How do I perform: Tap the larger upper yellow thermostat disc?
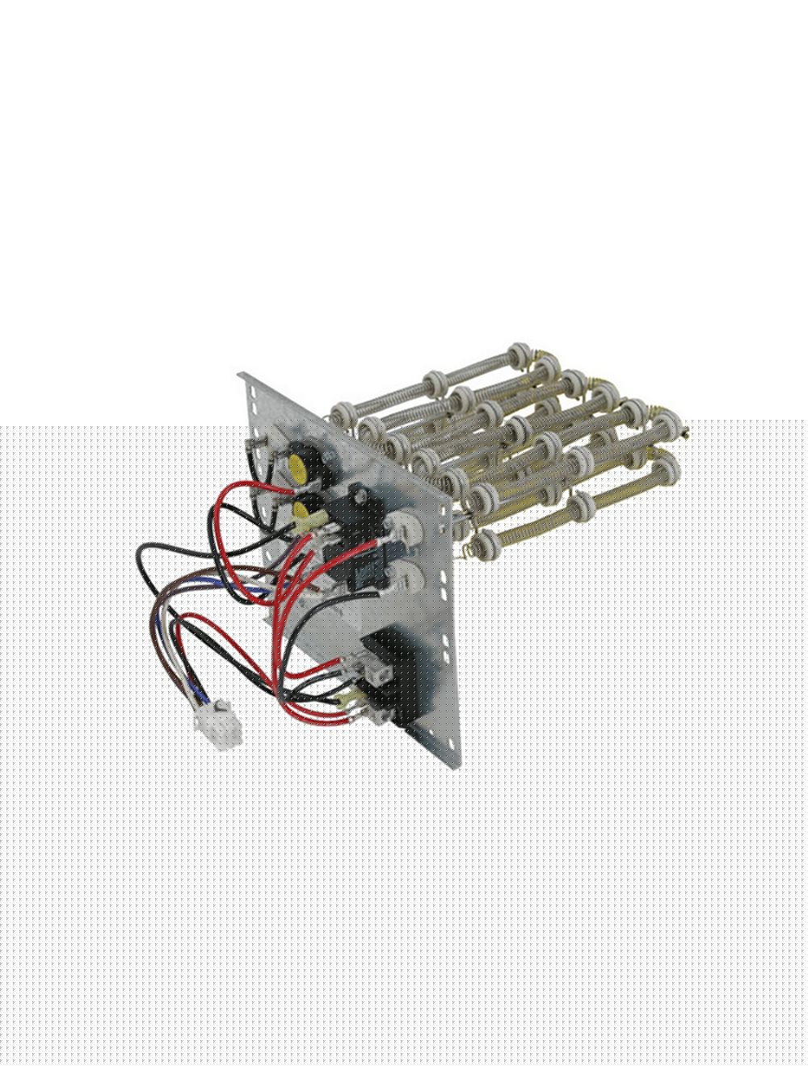pyautogui.click(x=297, y=466)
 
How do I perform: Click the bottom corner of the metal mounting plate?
pyautogui.click(x=421, y=737)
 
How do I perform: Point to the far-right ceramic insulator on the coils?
pyautogui.click(x=667, y=464)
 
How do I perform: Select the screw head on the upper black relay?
pyautogui.click(x=356, y=489)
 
